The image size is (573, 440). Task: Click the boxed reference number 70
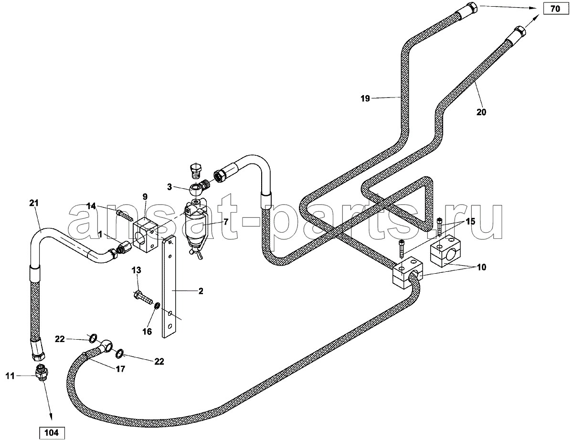[x=555, y=9]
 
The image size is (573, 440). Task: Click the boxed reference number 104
[x=52, y=433]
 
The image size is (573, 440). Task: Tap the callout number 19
[x=365, y=99]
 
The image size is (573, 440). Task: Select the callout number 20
[x=481, y=112]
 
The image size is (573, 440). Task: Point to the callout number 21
[x=34, y=203]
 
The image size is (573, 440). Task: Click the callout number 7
[x=226, y=222]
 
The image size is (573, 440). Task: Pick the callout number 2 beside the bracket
[x=201, y=291]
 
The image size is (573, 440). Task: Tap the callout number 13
[x=137, y=270]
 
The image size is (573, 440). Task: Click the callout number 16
[x=147, y=332]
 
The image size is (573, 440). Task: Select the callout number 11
[x=10, y=376]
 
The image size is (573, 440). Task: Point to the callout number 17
[x=120, y=369]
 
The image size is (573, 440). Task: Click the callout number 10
[x=481, y=267]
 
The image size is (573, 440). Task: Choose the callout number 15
[x=470, y=221]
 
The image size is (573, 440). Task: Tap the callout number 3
[x=170, y=187]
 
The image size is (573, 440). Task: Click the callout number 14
[x=91, y=206]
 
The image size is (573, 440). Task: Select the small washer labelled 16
[x=158, y=306]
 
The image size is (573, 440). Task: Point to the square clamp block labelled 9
[x=145, y=234]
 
